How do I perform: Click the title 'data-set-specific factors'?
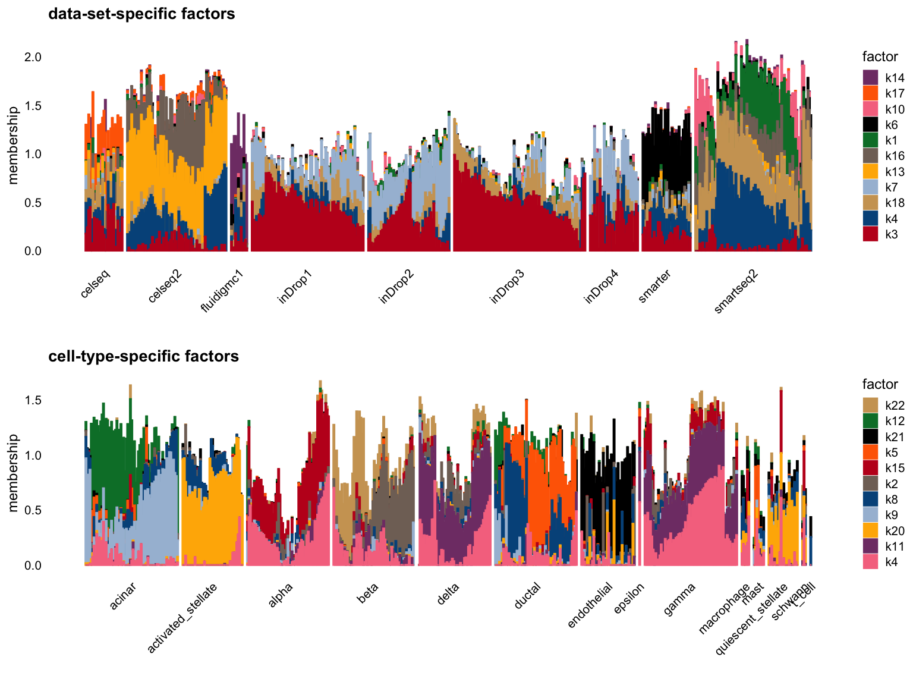point(141,14)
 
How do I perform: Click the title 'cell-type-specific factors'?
point(143,356)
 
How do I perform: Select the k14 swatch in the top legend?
point(870,77)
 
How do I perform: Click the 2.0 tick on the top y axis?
point(33,57)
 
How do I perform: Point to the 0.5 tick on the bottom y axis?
point(33,510)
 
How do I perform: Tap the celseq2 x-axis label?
point(165,286)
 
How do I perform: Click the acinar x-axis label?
point(123,596)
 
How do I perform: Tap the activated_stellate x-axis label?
point(182,618)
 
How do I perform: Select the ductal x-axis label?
point(527,596)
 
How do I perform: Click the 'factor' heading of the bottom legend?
point(880,384)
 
